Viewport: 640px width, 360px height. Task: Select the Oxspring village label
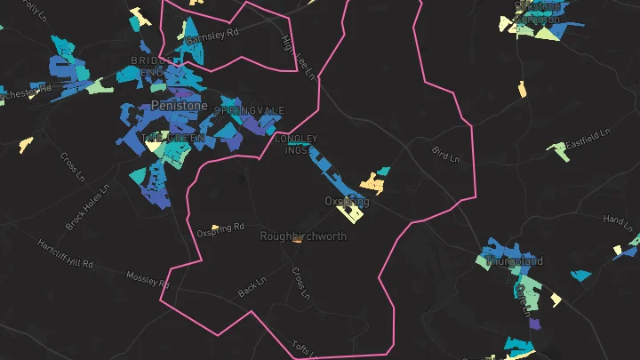click(347, 202)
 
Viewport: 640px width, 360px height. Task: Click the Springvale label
click(250, 110)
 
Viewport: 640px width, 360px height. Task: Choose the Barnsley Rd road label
click(220, 34)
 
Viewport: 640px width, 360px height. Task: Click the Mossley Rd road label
click(148, 280)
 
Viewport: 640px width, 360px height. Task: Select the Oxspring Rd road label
click(220, 230)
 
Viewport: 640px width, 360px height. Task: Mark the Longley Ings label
click(296, 145)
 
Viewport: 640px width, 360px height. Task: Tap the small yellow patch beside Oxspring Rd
click(214, 228)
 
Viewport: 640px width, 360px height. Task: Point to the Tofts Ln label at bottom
click(305, 347)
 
